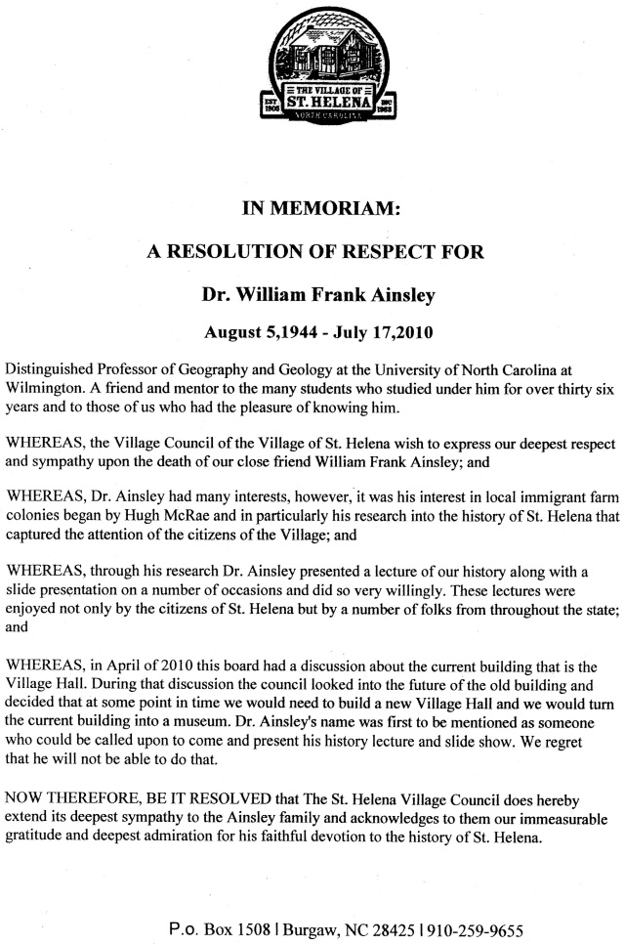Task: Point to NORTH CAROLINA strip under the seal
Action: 328,115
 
